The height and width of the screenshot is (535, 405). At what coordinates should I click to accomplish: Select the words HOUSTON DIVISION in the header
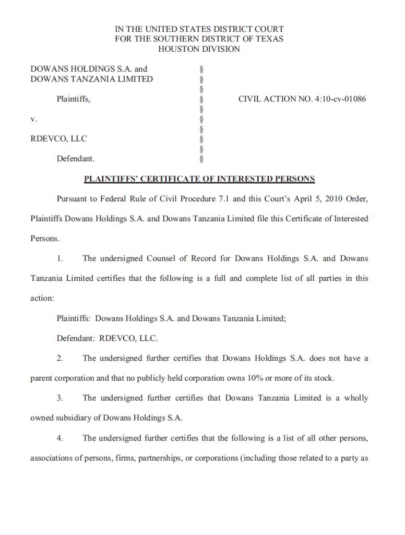[199, 49]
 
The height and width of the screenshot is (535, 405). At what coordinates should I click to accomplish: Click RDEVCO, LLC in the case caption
[59, 139]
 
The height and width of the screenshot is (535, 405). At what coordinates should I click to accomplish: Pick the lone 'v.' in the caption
[33, 119]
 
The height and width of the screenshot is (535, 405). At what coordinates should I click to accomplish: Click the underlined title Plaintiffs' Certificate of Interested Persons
[199, 179]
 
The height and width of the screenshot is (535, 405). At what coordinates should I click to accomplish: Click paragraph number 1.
[60, 258]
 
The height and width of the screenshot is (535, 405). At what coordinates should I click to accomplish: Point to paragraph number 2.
[60, 358]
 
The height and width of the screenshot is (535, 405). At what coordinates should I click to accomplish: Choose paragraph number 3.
[60, 398]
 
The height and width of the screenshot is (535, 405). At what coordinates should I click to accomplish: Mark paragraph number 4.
[60, 438]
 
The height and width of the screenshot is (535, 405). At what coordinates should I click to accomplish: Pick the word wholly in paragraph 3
[356, 398]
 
